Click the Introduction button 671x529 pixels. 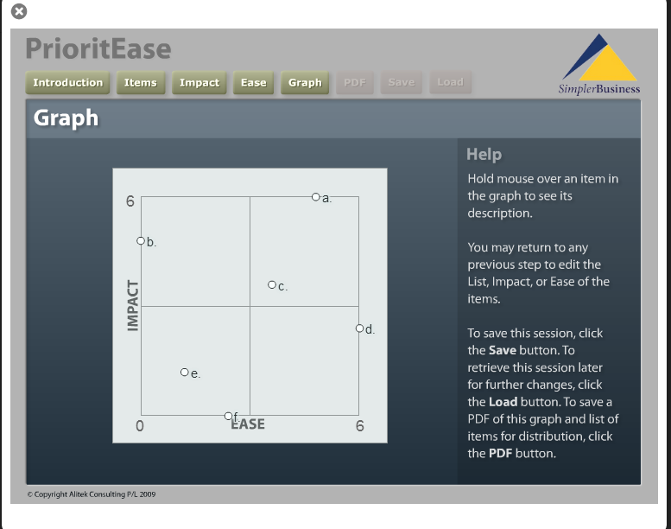coord(67,82)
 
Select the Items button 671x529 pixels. coord(141,82)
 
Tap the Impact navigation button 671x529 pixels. coord(199,82)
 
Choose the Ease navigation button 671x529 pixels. coord(253,82)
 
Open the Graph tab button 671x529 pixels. coord(305,82)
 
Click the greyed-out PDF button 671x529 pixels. coord(355,82)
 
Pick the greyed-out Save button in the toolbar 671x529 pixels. coord(402,82)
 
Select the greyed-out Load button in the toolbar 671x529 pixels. coord(450,82)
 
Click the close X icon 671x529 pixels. coord(19,11)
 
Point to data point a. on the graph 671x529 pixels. coord(316,197)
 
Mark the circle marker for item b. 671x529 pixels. coord(141,240)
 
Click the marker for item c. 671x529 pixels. coord(272,284)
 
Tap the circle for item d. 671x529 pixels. coord(359,328)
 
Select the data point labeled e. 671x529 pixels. coord(185,373)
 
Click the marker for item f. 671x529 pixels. coord(228,416)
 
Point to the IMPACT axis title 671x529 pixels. coord(133,306)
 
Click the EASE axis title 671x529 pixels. coord(248,424)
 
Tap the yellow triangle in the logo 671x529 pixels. coord(608,62)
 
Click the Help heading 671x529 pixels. coord(484,154)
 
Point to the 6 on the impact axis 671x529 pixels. coord(130,201)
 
